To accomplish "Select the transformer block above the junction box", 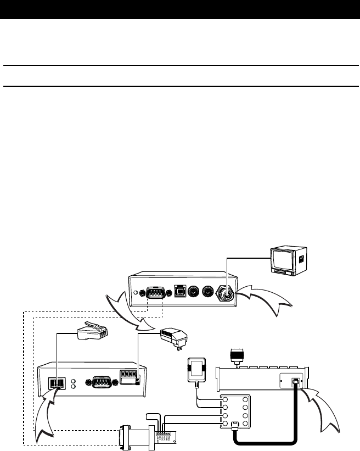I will pyautogui.click(x=196, y=368).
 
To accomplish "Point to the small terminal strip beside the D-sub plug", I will pyautogui.click(x=168, y=435).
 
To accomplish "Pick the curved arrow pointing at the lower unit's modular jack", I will pyautogui.click(x=45, y=417).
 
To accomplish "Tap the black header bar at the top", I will pyautogui.click(x=180, y=10).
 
